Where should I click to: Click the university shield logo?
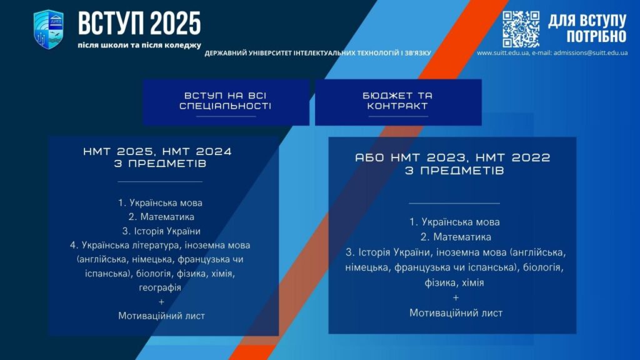click(49, 29)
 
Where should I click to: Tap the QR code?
click(521, 29)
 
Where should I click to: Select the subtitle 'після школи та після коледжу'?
click(139, 45)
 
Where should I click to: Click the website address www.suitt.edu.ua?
click(503, 52)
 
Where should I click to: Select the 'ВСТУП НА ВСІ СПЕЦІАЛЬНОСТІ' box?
click(226, 102)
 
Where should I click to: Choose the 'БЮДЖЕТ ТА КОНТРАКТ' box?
click(398, 102)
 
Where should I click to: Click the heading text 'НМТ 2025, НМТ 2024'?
click(157, 151)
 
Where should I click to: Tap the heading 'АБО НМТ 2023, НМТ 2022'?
click(452, 157)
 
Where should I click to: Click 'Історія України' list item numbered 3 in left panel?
click(161, 231)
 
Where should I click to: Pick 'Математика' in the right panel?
click(456, 237)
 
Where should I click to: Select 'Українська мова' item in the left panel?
click(160, 203)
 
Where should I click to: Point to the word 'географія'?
click(160, 287)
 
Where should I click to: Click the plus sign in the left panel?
click(161, 302)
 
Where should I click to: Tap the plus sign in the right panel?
click(456, 298)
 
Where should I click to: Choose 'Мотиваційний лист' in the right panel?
click(456, 313)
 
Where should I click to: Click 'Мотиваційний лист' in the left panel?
click(162, 316)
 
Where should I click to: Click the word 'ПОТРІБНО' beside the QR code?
click(596, 37)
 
